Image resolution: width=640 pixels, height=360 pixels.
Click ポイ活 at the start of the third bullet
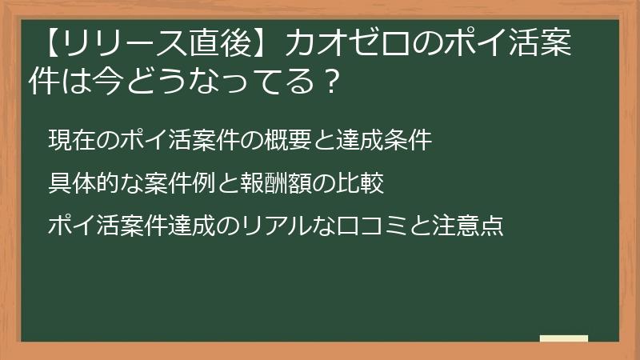[80, 226]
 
